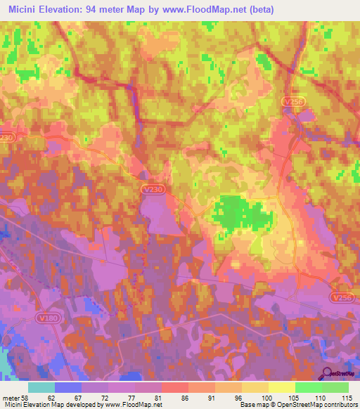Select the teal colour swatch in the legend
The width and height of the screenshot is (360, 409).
click(41, 387)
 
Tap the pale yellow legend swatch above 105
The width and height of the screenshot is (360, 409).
click(281, 387)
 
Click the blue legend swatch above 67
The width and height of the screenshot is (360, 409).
click(67, 387)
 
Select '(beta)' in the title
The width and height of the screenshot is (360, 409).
click(258, 10)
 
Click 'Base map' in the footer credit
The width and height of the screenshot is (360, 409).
click(252, 404)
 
